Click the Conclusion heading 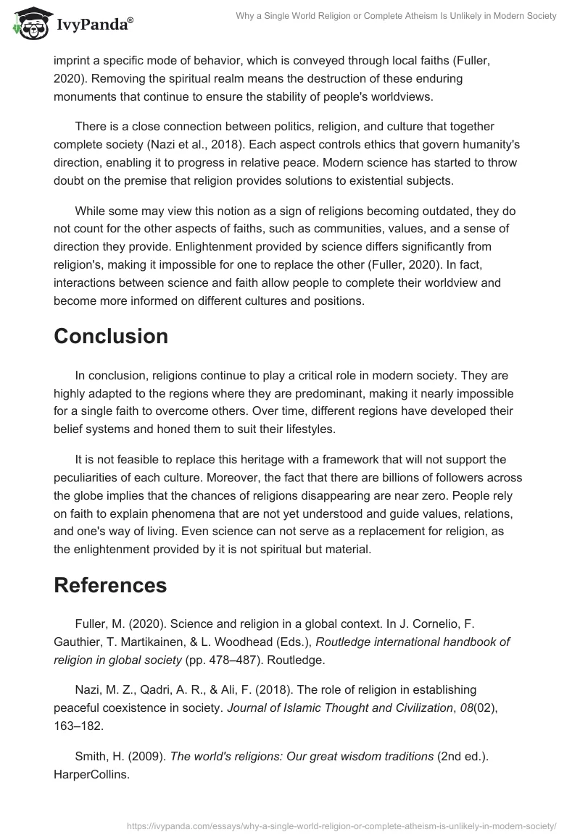coord(111,336)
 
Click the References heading coord(110,585)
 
